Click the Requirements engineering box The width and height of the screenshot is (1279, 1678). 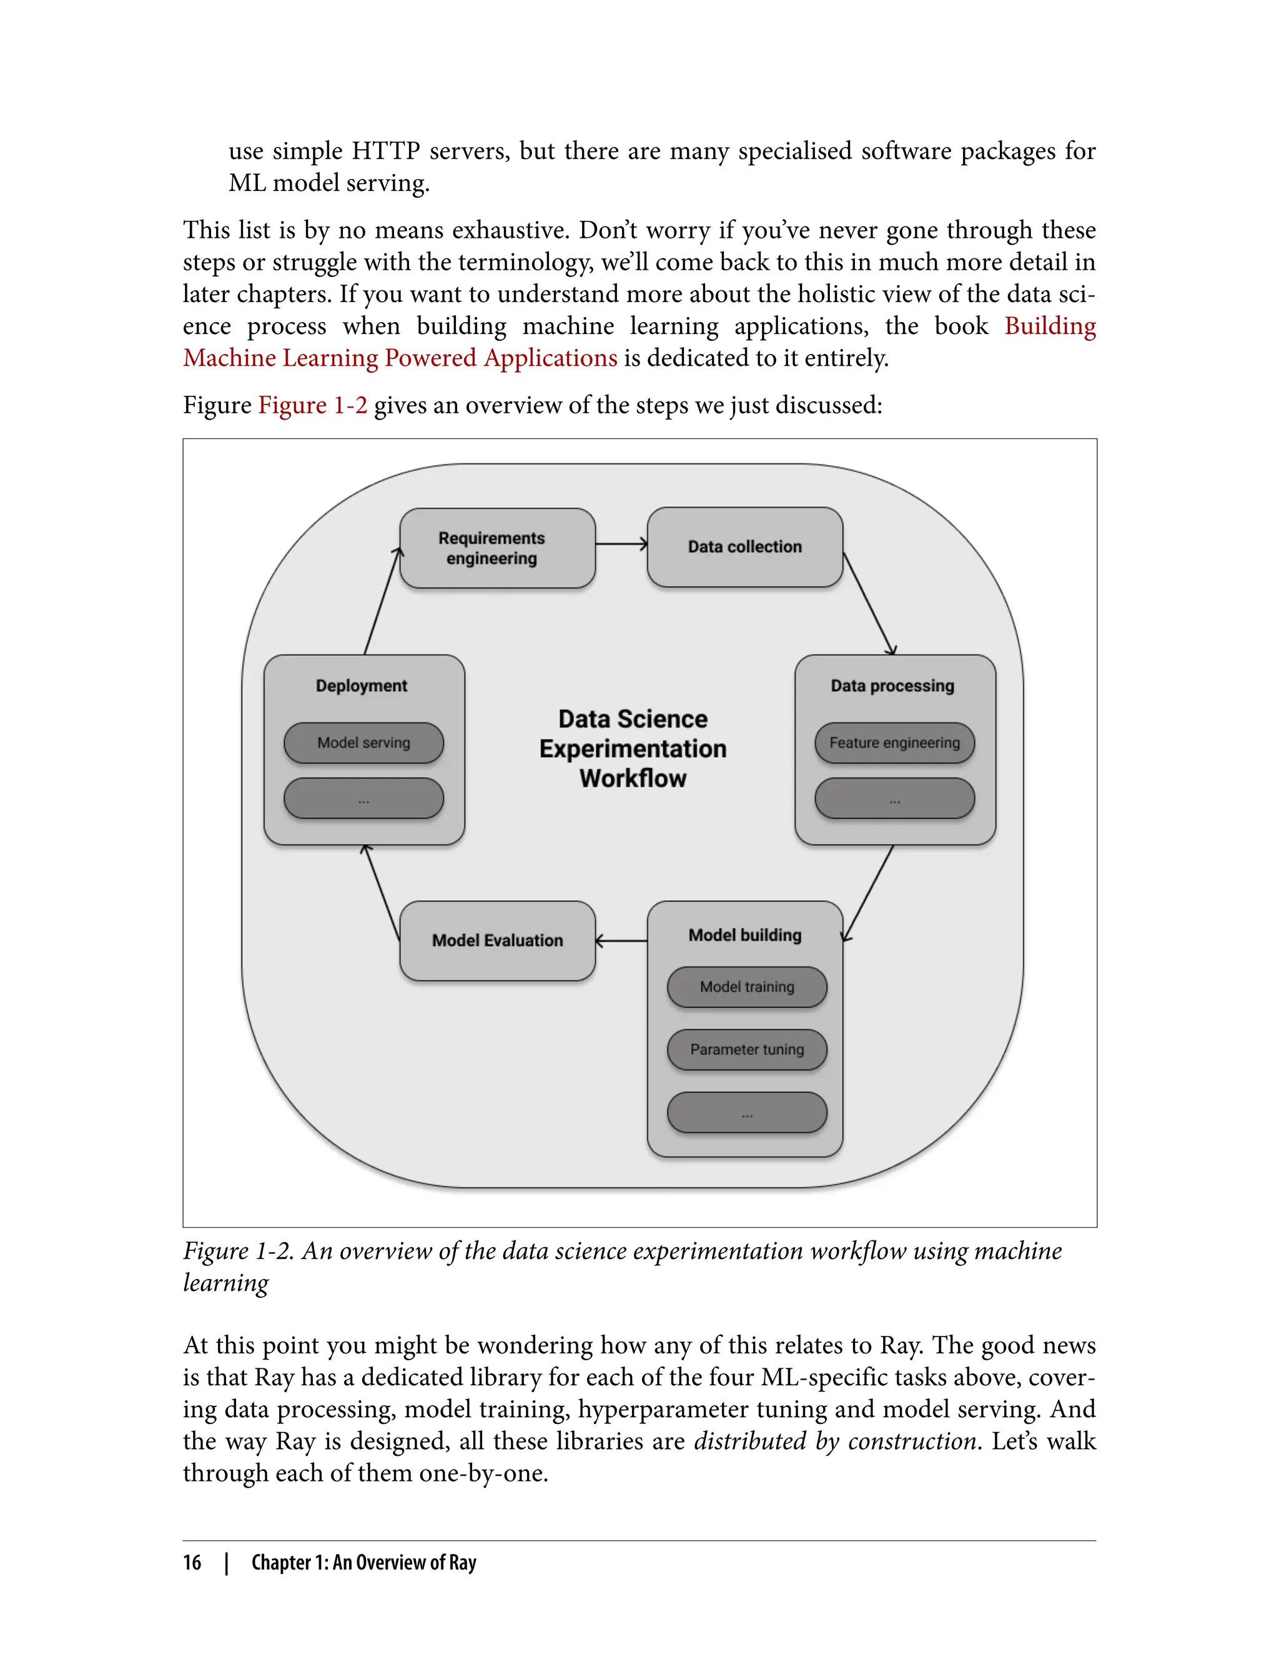point(497,548)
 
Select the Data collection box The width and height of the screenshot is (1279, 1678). point(744,547)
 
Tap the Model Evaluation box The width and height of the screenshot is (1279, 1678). point(497,941)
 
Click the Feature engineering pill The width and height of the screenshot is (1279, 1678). point(894,743)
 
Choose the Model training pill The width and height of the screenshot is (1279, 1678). point(747,987)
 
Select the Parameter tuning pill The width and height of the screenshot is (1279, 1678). point(747,1049)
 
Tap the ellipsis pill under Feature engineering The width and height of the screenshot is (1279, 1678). point(894,798)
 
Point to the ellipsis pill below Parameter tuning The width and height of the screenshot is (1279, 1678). point(747,1112)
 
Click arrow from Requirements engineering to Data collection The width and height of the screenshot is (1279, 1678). point(621,544)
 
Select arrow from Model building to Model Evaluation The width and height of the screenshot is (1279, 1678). point(621,941)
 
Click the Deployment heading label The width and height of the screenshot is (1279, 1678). point(362,685)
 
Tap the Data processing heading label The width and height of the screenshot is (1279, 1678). point(892,685)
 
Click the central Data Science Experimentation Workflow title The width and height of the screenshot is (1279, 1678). point(633,749)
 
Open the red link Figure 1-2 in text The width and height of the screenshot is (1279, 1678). point(312,405)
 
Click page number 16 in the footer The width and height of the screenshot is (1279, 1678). point(192,1563)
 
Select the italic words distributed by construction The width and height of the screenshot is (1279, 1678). point(835,1441)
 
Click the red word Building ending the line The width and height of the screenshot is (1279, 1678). point(1049,326)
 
